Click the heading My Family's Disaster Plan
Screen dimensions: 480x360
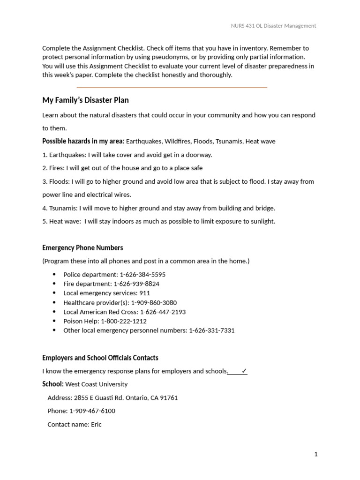tap(85, 100)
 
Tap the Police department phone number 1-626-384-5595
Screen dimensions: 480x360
tap(142, 275)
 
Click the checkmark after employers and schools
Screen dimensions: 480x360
tap(244, 371)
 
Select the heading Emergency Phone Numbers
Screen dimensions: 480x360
tap(82, 247)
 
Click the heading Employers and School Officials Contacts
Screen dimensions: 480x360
tap(100, 358)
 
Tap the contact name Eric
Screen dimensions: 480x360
tap(96, 425)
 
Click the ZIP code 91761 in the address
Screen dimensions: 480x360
tap(168, 398)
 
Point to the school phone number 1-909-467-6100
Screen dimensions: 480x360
tap(92, 411)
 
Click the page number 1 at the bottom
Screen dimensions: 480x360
tap(316, 454)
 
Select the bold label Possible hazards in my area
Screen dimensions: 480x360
tap(83, 141)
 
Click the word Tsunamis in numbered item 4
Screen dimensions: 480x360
tap(63, 208)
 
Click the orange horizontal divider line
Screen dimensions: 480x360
tap(172, 87)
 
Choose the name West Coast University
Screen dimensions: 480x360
tap(96, 384)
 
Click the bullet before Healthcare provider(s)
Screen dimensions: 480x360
tap(54, 302)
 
